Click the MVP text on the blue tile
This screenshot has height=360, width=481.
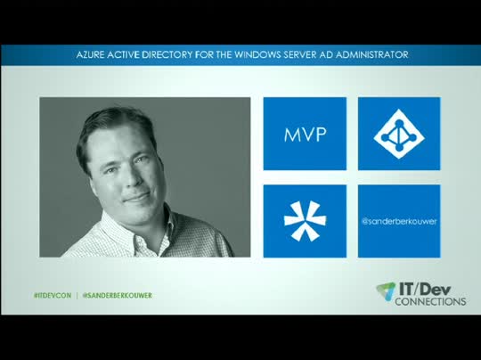305,135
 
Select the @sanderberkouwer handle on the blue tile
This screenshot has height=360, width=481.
399,220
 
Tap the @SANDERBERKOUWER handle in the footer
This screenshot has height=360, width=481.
117,295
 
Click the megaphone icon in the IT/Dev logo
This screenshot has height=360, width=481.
385,290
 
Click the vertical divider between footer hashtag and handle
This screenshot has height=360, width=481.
77,295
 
